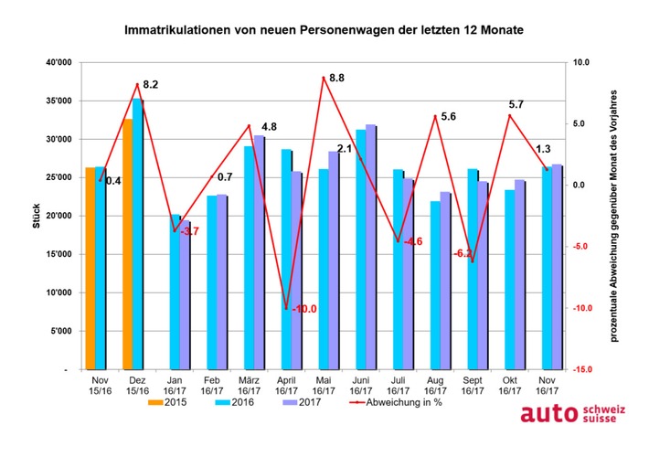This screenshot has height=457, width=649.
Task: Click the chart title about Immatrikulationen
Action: (324, 31)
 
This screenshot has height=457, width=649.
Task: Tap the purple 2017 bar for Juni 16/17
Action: (370, 247)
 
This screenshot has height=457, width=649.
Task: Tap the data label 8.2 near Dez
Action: (149, 84)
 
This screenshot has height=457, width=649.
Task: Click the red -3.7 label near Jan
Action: (189, 232)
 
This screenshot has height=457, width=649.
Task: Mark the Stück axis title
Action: (37, 216)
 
